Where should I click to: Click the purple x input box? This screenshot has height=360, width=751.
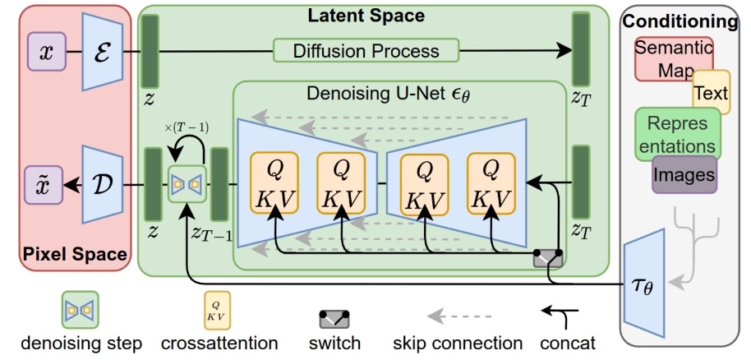pyautogui.click(x=47, y=51)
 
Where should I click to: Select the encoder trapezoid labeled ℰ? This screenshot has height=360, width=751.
pyautogui.click(x=103, y=51)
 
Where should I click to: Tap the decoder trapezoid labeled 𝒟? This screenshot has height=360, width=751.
pyautogui.click(x=103, y=185)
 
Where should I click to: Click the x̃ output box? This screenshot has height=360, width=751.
pyautogui.click(x=44, y=185)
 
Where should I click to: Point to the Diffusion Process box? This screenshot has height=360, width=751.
pyautogui.click(x=366, y=50)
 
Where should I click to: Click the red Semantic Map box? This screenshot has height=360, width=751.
pyautogui.click(x=674, y=59)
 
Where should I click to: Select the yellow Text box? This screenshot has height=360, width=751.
pyautogui.click(x=712, y=92)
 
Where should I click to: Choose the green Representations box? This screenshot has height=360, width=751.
pyautogui.click(x=677, y=134)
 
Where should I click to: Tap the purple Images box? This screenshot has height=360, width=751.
pyautogui.click(x=684, y=174)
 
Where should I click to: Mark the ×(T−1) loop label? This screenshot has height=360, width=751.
pyautogui.click(x=187, y=128)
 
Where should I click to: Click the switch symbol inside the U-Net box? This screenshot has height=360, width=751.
pyautogui.click(x=548, y=258)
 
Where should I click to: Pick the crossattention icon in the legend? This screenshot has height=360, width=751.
pyautogui.click(x=217, y=310)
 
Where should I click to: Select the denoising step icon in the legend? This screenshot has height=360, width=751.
pyautogui.click(x=80, y=310)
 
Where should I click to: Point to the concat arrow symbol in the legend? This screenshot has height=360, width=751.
pyautogui.click(x=560, y=317)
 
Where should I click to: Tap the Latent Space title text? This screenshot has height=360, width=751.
pyautogui.click(x=366, y=16)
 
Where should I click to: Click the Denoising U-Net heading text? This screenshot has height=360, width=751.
pyautogui.click(x=389, y=94)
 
